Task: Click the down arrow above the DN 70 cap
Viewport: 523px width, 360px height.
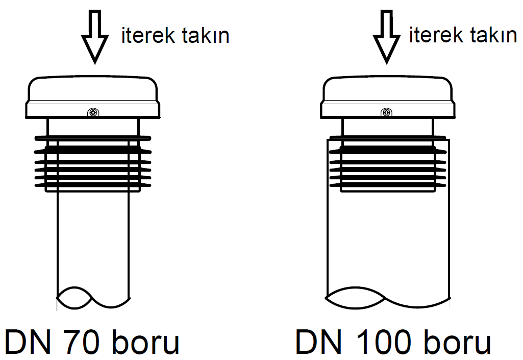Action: (95, 36)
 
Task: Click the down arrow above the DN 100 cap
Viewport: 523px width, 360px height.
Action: (387, 36)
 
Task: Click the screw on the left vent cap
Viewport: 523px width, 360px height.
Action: (93, 112)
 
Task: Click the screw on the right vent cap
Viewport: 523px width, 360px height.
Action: (386, 112)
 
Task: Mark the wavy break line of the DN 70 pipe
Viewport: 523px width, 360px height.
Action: (91, 298)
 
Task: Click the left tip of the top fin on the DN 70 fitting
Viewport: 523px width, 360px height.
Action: (35, 138)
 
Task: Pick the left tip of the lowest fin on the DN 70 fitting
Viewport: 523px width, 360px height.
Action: (35, 185)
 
